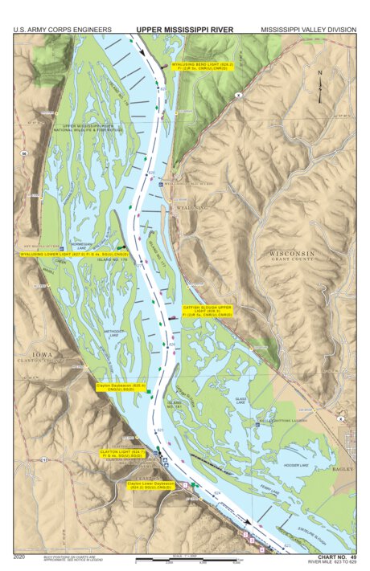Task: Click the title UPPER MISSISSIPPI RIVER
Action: pos(184,29)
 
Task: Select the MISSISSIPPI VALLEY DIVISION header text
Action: pos(307,30)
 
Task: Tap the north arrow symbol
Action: pos(320,85)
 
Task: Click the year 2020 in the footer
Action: pos(21,556)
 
